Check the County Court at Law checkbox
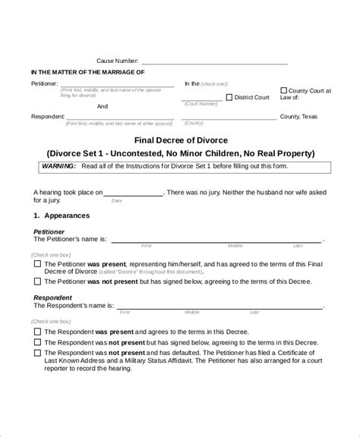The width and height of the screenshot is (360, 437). click(x=283, y=90)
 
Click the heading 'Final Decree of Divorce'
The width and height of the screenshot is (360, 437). click(x=180, y=140)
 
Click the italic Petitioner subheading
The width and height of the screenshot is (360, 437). click(x=49, y=231)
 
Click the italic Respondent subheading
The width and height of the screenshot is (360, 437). click(x=52, y=298)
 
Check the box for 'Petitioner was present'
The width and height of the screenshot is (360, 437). click(x=38, y=263)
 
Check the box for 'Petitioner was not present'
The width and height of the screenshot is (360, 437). click(x=38, y=281)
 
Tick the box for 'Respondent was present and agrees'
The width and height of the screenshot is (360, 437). click(x=38, y=332)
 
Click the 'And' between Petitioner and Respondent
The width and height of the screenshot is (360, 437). click(x=103, y=107)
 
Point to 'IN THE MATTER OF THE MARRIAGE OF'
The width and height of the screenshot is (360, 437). click(x=87, y=72)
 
